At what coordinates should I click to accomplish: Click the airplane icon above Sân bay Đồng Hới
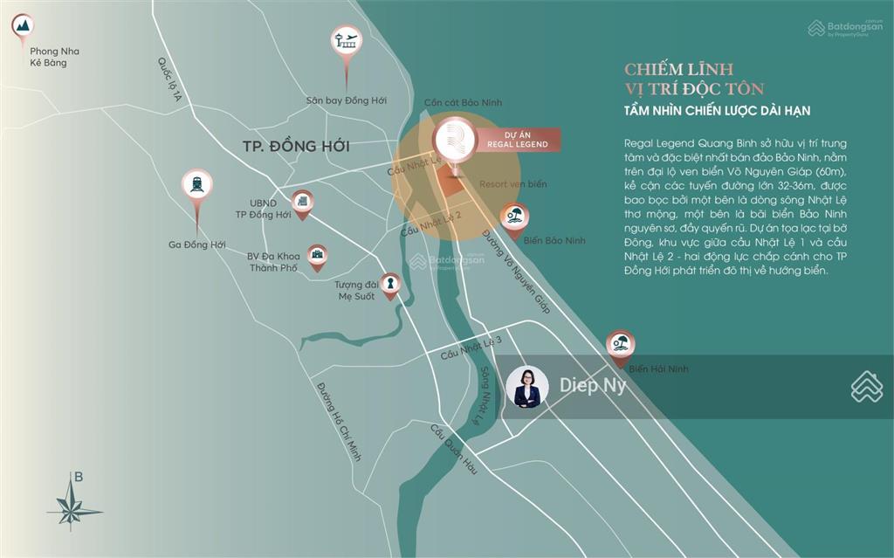point(347,41)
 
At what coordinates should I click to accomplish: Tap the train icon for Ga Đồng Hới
point(197,184)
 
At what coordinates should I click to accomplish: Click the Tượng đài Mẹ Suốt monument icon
point(390,283)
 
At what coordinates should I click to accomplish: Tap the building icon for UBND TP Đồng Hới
point(302,203)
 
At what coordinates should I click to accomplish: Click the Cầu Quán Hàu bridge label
point(454,450)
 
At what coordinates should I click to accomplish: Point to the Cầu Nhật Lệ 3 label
point(471,348)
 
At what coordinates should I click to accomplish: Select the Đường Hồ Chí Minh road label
point(339,422)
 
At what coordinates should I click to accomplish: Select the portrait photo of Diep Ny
point(527,387)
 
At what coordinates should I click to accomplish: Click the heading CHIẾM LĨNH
point(678,69)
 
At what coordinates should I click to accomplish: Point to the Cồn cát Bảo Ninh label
point(463,102)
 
